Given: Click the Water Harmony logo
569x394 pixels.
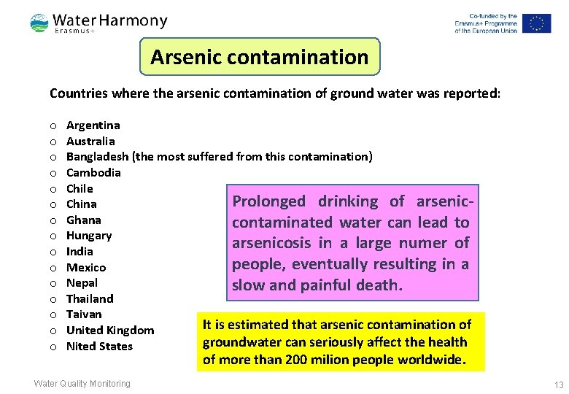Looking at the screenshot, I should point(98,23).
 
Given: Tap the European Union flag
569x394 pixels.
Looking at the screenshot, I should point(536,23).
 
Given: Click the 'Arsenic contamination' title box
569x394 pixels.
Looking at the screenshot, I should point(260,57).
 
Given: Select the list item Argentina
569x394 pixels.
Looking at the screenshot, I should point(93,125).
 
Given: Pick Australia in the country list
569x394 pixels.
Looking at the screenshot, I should point(90,141).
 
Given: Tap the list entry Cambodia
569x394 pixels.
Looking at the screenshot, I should point(93,173).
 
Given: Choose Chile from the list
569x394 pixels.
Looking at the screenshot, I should point(80,188).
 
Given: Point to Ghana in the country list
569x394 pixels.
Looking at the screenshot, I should point(84,220).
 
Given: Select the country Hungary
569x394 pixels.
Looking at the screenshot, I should point(89,236).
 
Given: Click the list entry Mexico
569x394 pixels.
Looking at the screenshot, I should point(86,267).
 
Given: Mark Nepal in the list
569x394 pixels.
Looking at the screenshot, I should point(82,283).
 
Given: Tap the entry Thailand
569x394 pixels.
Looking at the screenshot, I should point(90,298).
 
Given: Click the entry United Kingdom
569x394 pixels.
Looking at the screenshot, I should point(110,331).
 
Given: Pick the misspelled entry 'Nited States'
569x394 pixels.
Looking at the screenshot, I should point(99,346).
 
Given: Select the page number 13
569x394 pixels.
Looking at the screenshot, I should point(559,385).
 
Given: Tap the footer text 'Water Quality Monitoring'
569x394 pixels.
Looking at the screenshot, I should point(82,384).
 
